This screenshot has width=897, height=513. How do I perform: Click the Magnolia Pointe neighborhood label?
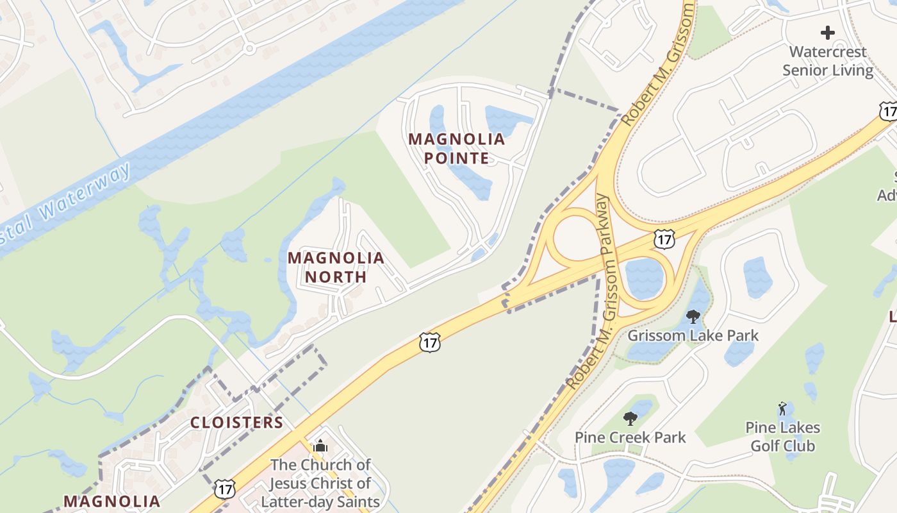coord(457,148)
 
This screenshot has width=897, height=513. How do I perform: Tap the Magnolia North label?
coord(336,267)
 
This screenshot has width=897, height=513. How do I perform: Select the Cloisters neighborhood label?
coord(236,422)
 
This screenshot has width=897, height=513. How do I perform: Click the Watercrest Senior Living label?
coord(828,61)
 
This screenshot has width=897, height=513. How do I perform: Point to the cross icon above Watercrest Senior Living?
coord(828,32)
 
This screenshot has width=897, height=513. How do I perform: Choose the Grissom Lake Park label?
coord(693,335)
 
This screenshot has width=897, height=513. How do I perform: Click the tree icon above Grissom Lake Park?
coord(693,316)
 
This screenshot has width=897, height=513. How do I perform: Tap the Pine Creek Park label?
coord(630,437)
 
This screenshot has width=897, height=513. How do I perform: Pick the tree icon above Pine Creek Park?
coord(630,419)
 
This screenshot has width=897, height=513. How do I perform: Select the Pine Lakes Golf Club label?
coord(782,436)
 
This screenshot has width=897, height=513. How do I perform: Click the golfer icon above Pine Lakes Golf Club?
coord(782,408)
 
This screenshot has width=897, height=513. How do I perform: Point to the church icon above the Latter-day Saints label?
coord(320,446)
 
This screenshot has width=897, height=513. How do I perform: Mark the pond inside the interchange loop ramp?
coord(644,278)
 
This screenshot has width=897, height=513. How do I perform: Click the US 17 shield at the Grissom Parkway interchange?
coord(664,239)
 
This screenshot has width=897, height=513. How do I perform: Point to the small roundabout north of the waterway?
coord(249,47)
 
